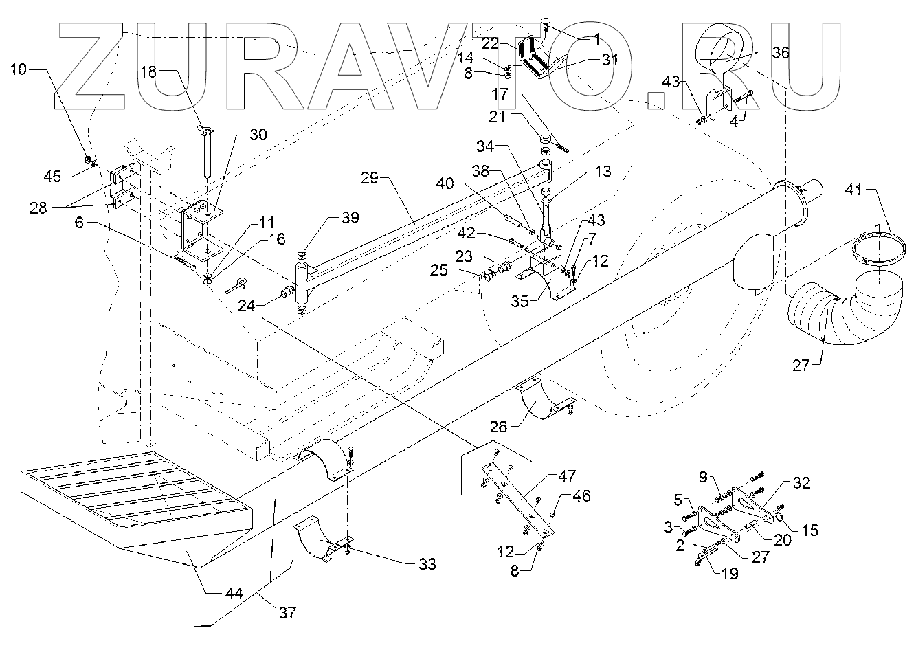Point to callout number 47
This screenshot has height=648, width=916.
(x=568, y=475)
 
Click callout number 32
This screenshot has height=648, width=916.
(x=802, y=482)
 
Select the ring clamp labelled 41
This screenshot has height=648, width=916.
(x=880, y=248)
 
